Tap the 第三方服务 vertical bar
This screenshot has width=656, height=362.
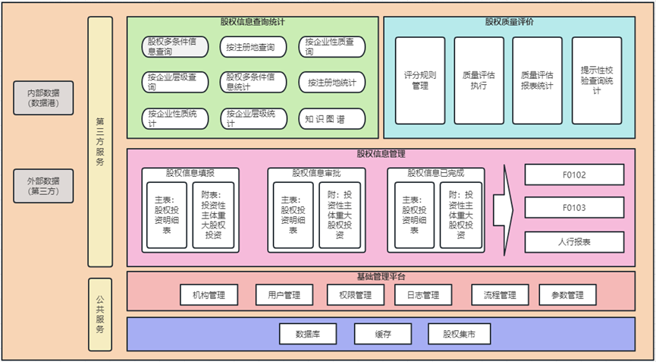pyautogui.click(x=100, y=141)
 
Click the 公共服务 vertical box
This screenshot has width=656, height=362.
pyautogui.click(x=100, y=314)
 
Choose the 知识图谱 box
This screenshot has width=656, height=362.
pyautogui.click(x=331, y=118)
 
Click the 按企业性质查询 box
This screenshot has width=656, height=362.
pyautogui.click(x=331, y=47)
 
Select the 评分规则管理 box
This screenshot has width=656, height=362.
pyautogui.click(x=420, y=80)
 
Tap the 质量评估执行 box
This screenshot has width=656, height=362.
pyautogui.click(x=479, y=80)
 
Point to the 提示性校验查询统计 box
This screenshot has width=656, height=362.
pyautogui.click(x=597, y=80)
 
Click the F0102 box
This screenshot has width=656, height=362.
pyautogui.click(x=574, y=175)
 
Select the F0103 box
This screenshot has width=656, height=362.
pyautogui.click(x=574, y=208)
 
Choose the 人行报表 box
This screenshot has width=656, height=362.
pyautogui.click(x=574, y=242)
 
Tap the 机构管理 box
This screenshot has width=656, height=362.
pyautogui.click(x=208, y=294)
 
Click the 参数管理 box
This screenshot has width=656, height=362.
pyautogui.click(x=567, y=294)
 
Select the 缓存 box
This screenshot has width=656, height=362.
pyautogui.click(x=382, y=333)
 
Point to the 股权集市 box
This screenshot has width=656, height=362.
pyautogui.click(x=457, y=333)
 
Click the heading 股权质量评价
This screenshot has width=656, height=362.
pyautogui.click(x=509, y=22)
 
